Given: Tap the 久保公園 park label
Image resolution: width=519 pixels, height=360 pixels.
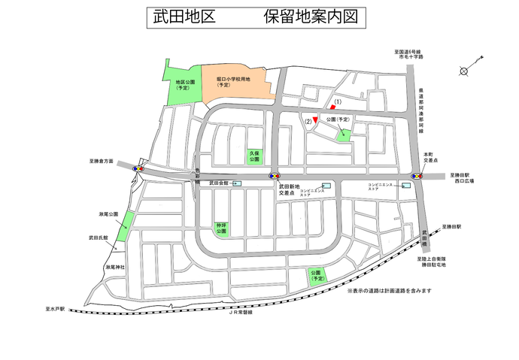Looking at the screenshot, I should (x=254, y=156).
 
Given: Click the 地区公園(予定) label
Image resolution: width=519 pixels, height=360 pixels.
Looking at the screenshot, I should (x=184, y=84).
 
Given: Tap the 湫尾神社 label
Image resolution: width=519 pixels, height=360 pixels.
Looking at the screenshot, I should (x=116, y=268).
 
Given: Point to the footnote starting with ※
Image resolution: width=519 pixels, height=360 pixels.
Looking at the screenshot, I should (x=389, y=290).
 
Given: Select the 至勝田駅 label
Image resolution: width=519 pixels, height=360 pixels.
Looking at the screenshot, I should (x=452, y=226).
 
